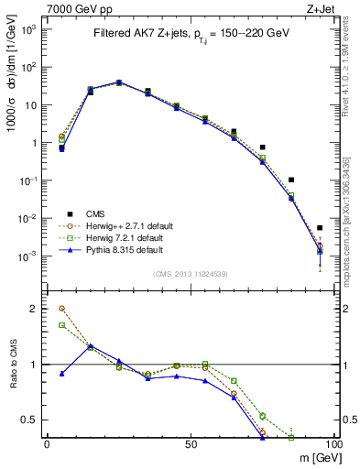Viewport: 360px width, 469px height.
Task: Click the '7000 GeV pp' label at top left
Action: point(71,8)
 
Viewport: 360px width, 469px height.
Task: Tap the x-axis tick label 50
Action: point(190,443)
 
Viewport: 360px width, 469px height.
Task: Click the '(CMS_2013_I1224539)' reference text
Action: point(190,273)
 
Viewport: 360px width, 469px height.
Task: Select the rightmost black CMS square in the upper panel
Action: point(320,228)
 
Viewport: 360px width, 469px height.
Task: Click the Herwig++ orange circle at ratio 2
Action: point(61,309)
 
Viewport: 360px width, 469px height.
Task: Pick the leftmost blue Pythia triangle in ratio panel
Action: point(61,374)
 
